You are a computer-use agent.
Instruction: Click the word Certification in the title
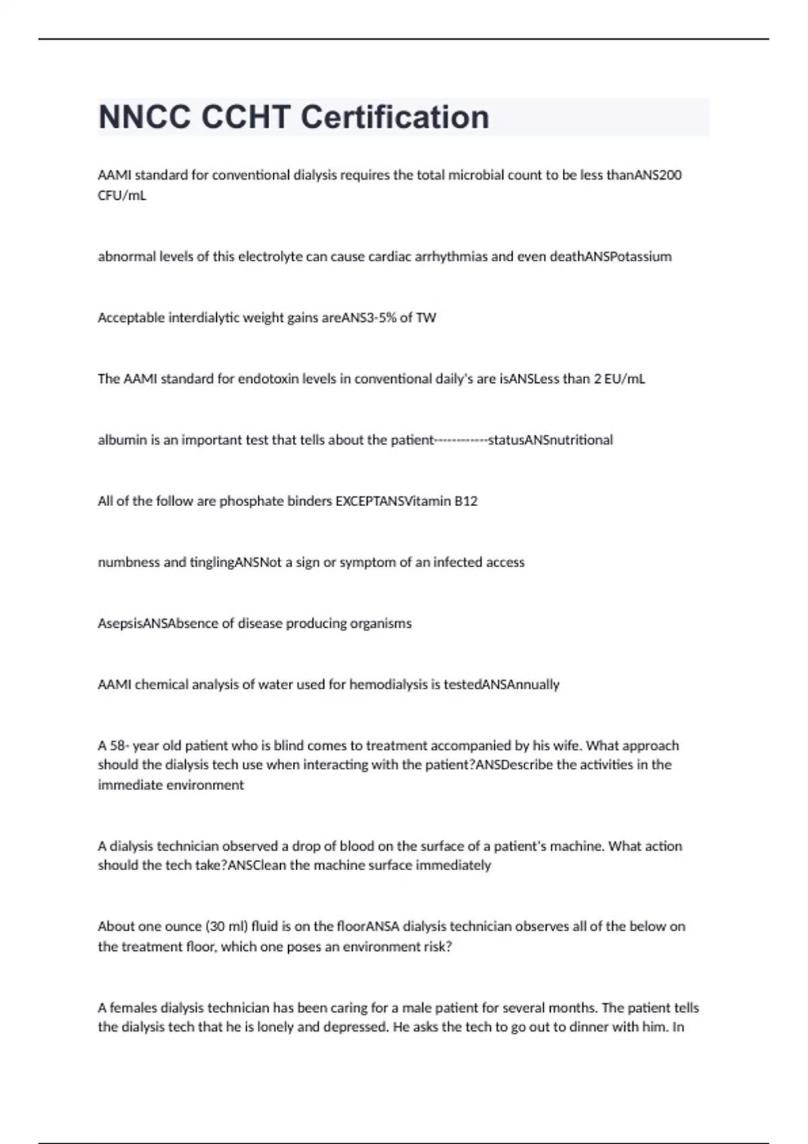pyautogui.click(x=395, y=117)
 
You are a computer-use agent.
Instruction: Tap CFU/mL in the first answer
pyautogui.click(x=122, y=196)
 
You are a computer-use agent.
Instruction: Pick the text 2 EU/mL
pyautogui.click(x=619, y=379)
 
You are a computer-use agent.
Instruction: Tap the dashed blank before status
pyautogui.click(x=461, y=440)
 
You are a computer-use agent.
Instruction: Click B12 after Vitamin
pyautogui.click(x=466, y=501)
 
